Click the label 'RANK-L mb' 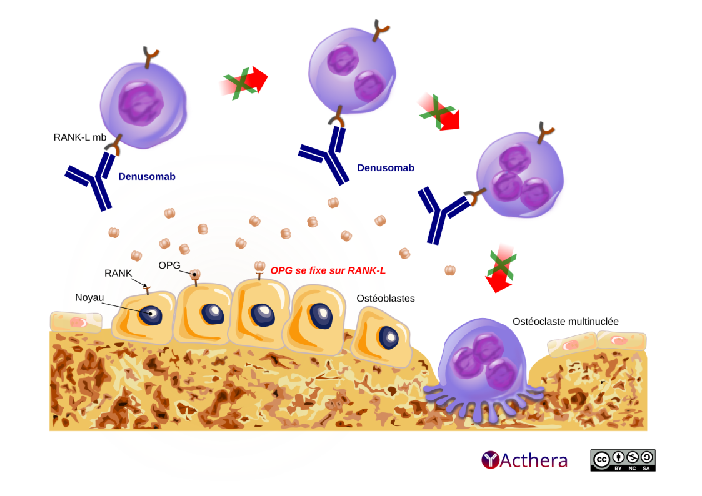coord(80,137)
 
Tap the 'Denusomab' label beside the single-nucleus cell coord(147,177)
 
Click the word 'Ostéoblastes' coord(386,299)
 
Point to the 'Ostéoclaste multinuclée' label coord(566,321)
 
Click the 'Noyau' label coord(89,298)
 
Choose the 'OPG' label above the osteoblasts coord(169,265)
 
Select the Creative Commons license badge coord(623,460)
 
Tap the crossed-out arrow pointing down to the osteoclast coord(501,270)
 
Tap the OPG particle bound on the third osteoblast coord(260,268)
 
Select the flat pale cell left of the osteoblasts coord(76,322)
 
